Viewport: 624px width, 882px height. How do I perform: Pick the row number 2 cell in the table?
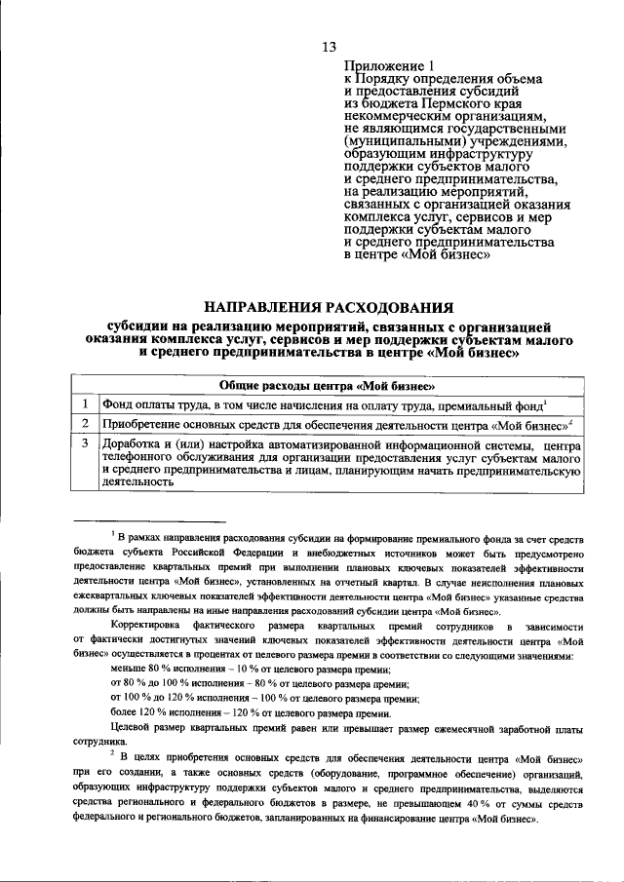tap(86, 425)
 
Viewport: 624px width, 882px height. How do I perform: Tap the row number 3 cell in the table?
tap(86, 444)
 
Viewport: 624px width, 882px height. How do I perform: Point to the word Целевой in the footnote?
tap(135, 728)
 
